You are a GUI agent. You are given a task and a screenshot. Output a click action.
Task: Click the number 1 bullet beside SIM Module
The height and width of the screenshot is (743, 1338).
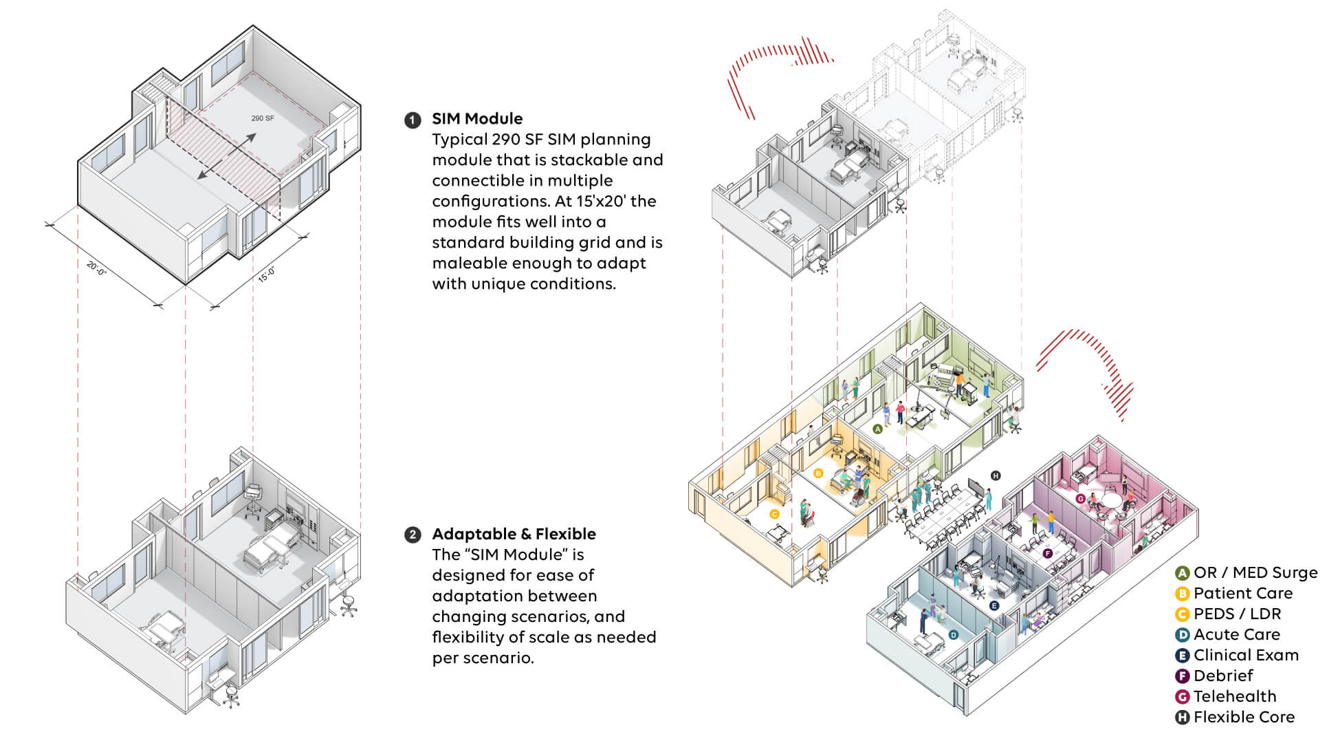pyautogui.click(x=412, y=120)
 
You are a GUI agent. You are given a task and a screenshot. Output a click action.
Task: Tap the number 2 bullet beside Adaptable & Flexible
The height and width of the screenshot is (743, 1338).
pyautogui.click(x=412, y=535)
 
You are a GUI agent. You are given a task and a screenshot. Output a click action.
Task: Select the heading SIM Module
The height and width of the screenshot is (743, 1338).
pyautogui.click(x=477, y=119)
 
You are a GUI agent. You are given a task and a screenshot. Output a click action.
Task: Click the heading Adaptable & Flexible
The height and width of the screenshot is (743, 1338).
pyautogui.click(x=514, y=534)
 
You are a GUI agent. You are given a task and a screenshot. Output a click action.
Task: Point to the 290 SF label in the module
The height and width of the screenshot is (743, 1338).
pyautogui.click(x=263, y=118)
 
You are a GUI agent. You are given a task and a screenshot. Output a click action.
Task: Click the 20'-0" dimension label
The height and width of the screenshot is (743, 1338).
pyautogui.click(x=96, y=268)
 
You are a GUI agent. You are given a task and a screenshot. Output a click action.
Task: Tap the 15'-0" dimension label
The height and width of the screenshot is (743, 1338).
pyautogui.click(x=267, y=274)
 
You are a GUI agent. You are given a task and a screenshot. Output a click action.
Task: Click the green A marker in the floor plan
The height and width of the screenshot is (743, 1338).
pyautogui.click(x=877, y=429)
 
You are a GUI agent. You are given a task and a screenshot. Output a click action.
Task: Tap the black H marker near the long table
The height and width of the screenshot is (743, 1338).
pyautogui.click(x=995, y=475)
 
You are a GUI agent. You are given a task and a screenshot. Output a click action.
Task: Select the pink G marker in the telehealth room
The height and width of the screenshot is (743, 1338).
pyautogui.click(x=1080, y=499)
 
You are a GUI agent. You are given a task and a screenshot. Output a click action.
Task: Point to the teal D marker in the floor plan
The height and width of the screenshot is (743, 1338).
pyautogui.click(x=953, y=635)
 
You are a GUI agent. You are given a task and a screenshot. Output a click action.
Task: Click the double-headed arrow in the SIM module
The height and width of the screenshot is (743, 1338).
pyautogui.click(x=227, y=157)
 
